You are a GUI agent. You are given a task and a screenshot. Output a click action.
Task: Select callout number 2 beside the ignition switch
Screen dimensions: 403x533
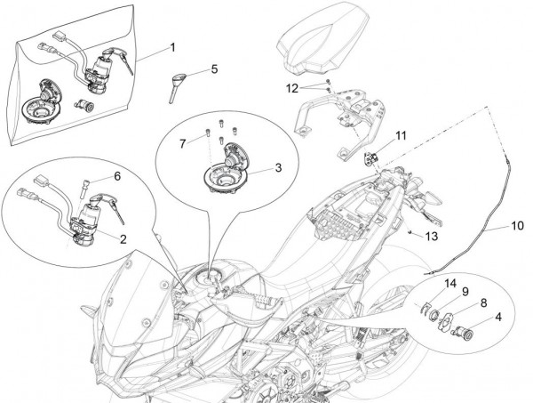(x=123, y=238)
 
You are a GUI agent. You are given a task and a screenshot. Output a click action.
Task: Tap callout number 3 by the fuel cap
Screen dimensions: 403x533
(x=278, y=166)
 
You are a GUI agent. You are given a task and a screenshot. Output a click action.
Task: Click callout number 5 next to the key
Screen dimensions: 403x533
(x=213, y=69)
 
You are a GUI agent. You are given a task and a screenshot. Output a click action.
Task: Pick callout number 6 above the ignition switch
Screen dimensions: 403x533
(x=117, y=176)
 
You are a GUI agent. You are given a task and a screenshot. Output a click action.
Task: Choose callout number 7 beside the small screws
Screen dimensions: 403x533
(x=182, y=142)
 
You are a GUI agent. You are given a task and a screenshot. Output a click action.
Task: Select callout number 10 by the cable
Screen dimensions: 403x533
(x=517, y=227)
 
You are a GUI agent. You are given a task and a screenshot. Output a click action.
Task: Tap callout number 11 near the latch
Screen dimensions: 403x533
(x=401, y=135)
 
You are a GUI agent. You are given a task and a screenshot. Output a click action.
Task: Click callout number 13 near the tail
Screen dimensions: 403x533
(x=432, y=236)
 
